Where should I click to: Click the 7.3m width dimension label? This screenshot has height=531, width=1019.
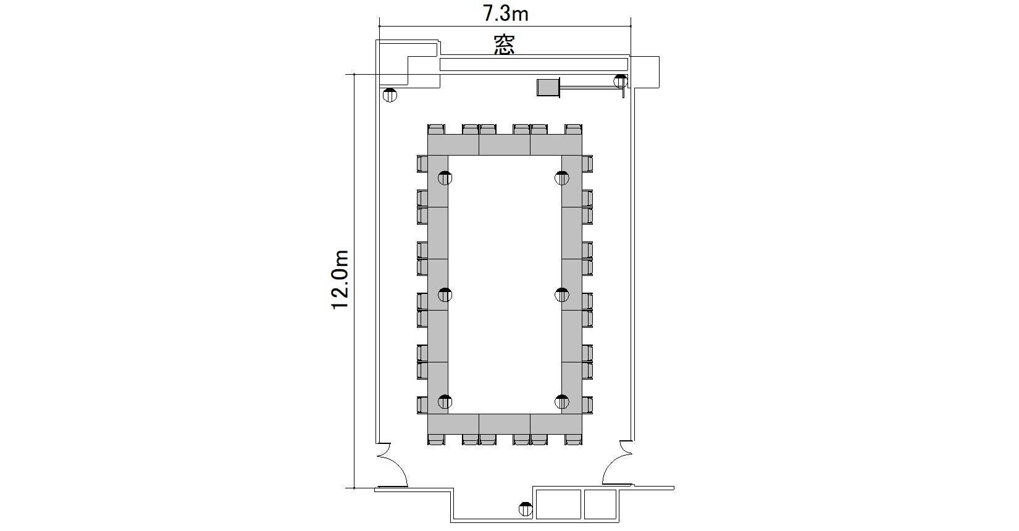coord(505,14)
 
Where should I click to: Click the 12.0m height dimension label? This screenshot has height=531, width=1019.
coord(340,280)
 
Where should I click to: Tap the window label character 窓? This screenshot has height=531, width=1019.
coord(505,45)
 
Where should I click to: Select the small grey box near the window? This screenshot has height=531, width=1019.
coord(548,87)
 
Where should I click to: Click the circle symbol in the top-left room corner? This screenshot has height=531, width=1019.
coord(390,96)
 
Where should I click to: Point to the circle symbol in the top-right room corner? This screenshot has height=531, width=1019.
coord(621,82)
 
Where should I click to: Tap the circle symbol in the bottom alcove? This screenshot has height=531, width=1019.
coord(526,509)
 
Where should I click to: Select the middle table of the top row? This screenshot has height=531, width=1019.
coord(505,145)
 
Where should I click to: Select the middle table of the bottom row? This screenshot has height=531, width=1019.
coord(505,424)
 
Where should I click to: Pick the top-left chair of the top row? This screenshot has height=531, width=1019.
coord(437,129)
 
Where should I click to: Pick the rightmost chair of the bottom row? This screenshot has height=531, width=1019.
coord(573,439)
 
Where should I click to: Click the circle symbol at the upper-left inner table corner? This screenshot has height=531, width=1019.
coord(445,178)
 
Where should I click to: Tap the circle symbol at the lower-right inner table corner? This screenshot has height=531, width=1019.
coord(562,402)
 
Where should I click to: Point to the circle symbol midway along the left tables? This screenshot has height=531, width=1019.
coord(445,295)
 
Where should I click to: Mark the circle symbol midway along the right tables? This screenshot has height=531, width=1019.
coord(562,295)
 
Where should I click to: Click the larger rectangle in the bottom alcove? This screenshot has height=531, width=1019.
coord(558,504)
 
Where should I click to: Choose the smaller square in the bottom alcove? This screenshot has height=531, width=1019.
coord(600,504)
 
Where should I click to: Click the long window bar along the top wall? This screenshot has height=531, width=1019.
coord(534,65)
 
